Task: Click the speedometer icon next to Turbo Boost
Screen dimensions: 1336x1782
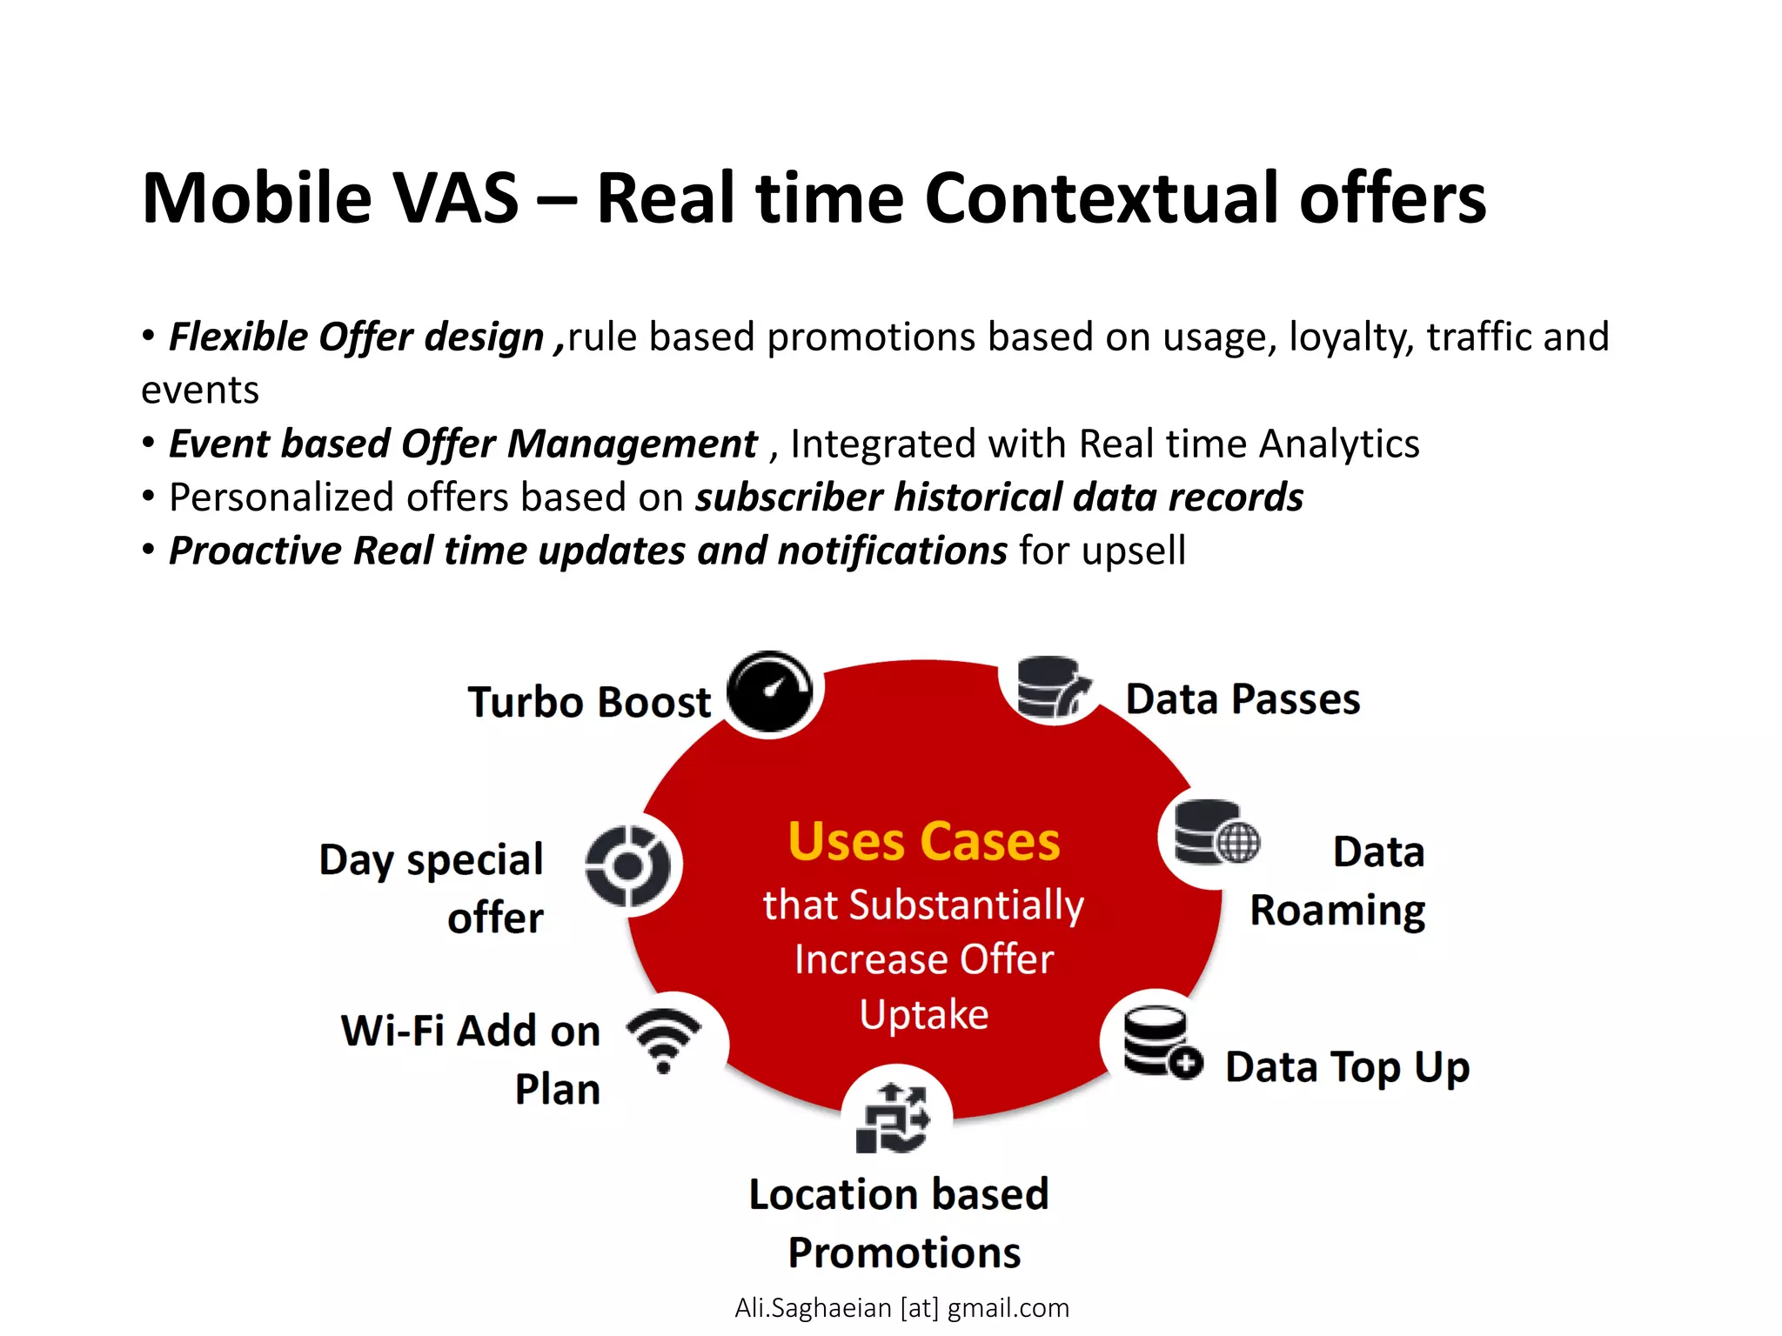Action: [x=769, y=692]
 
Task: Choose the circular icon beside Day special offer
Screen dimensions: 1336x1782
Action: [x=628, y=865]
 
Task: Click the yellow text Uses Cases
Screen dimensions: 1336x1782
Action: [x=924, y=842]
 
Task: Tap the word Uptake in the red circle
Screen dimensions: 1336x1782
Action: [x=924, y=1015]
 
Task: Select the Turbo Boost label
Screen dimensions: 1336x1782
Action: [x=589, y=702]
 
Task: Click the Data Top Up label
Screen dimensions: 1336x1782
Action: [x=1347, y=1067]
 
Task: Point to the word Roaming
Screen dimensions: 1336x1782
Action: [x=1337, y=911]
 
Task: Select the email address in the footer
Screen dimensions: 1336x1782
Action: [x=901, y=1307]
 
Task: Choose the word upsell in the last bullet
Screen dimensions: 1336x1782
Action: [x=1133, y=551]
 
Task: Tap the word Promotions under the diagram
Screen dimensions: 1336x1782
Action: [x=904, y=1252]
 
